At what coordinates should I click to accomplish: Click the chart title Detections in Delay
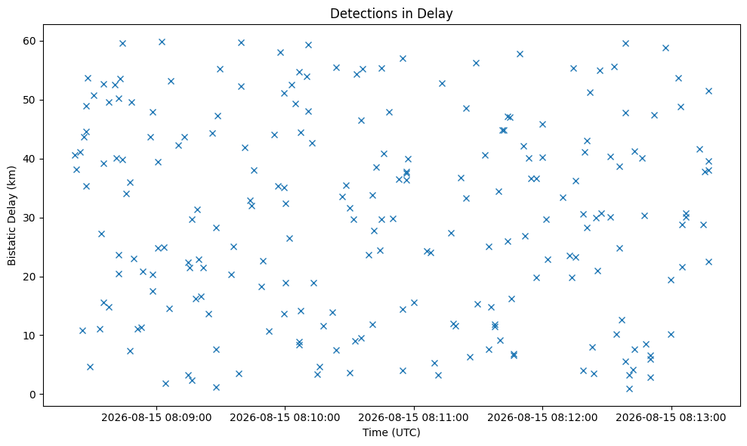pyautogui.click(x=391, y=14)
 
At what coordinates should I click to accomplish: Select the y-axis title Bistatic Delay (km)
pyautogui.click(x=12, y=215)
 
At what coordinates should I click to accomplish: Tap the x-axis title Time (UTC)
pyautogui.click(x=391, y=432)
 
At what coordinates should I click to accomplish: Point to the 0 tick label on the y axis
pyautogui.click(x=33, y=395)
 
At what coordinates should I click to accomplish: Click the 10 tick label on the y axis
pyautogui.click(x=30, y=336)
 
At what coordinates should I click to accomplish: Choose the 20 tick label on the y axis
pyautogui.click(x=30, y=277)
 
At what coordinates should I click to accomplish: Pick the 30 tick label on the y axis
pyautogui.click(x=30, y=218)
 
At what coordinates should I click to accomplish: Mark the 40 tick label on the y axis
pyautogui.click(x=30, y=160)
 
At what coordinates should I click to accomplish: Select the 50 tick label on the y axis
pyautogui.click(x=30, y=101)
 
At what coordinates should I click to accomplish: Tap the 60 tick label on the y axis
pyautogui.click(x=30, y=42)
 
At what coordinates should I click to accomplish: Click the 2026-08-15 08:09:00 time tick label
pyautogui.click(x=156, y=418)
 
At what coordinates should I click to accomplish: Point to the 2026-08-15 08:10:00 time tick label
pyautogui.click(x=285, y=418)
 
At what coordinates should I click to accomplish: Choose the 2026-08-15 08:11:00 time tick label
pyautogui.click(x=413, y=418)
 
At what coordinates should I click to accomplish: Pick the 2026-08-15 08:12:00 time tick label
pyautogui.click(x=542, y=418)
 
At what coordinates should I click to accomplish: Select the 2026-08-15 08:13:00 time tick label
pyautogui.click(x=671, y=418)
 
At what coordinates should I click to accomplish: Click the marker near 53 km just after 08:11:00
pyautogui.click(x=442, y=83)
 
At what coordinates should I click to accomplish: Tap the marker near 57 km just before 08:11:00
pyautogui.click(x=403, y=59)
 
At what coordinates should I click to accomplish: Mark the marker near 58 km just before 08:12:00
pyautogui.click(x=520, y=54)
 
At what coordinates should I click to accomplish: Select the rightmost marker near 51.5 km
pyautogui.click(x=708, y=91)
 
